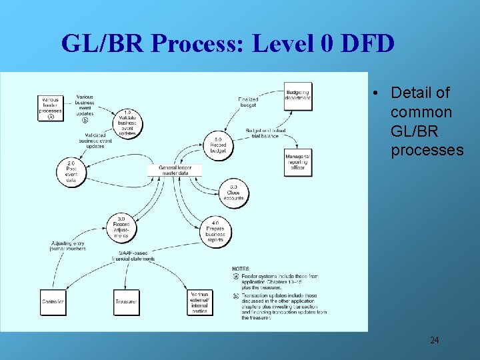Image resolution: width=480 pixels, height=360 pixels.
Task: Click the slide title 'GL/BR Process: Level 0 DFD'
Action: pyautogui.click(x=227, y=44)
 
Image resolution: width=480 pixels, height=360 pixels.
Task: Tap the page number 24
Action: pyautogui.click(x=434, y=341)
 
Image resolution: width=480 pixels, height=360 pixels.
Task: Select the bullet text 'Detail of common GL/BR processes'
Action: pyautogui.click(x=426, y=121)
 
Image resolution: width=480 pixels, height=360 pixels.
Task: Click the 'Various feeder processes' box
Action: pyautogui.click(x=50, y=108)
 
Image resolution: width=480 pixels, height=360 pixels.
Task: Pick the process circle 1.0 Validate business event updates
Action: pyautogui.click(x=127, y=123)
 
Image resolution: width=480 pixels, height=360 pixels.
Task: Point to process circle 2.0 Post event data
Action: pyautogui.click(x=71, y=171)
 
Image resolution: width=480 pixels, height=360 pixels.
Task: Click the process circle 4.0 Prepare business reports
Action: pyautogui.click(x=215, y=231)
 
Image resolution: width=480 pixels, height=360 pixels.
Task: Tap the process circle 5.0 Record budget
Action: pyautogui.click(x=219, y=145)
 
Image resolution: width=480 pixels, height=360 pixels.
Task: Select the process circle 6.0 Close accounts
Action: pyautogui.click(x=233, y=194)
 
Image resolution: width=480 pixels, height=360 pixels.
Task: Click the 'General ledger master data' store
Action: pyautogui.click(x=174, y=170)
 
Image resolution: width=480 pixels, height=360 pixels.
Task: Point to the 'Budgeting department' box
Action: pyautogui.click(x=297, y=95)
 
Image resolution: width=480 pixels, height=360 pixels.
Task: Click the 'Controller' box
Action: pyautogui.click(x=53, y=302)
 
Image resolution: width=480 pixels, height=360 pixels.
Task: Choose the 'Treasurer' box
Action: pyautogui.click(x=126, y=302)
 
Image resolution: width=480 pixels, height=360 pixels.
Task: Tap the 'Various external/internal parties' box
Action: pyautogui.click(x=199, y=302)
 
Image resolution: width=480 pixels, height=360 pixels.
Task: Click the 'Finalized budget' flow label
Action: pyautogui.click(x=248, y=102)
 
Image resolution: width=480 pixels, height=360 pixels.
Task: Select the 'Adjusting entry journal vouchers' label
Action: pyautogui.click(x=69, y=247)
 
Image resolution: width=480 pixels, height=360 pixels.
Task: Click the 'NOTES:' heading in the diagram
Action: pyautogui.click(x=242, y=268)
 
